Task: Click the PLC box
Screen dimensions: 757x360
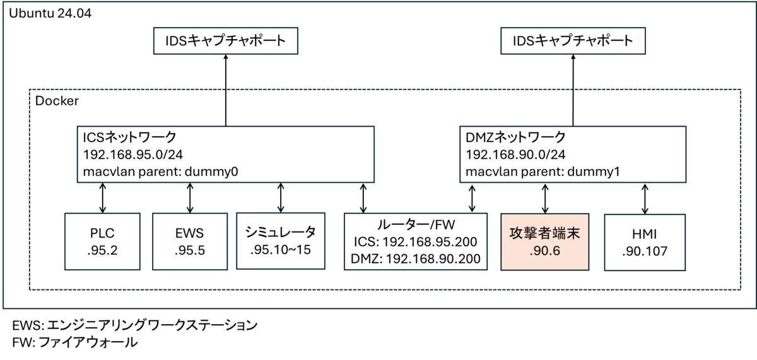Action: (102, 241)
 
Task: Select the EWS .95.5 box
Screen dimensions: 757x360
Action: (190, 241)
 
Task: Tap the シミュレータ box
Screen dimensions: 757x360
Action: (281, 241)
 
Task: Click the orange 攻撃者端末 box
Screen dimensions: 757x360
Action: (545, 242)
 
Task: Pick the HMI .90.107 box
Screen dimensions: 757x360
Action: (645, 242)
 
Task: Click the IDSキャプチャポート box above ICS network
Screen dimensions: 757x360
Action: (226, 41)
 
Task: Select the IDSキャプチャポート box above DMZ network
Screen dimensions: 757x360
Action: (573, 41)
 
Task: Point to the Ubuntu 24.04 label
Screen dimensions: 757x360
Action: (50, 13)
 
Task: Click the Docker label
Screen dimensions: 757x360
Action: (57, 101)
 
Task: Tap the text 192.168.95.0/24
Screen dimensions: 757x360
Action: (133, 154)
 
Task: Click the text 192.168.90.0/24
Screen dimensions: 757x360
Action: (515, 154)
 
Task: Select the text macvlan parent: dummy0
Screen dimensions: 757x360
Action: (160, 172)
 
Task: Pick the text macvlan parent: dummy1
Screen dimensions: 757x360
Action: (543, 172)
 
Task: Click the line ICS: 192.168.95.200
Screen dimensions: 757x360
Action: (415, 242)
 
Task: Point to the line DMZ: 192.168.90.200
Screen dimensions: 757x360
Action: (415, 258)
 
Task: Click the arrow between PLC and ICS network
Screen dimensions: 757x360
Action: (102, 198)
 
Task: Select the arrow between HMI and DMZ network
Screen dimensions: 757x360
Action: (645, 199)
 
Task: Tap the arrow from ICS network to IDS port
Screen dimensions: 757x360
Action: (226, 90)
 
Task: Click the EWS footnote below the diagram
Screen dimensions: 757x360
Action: (135, 325)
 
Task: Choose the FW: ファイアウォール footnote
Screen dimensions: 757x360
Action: (74, 342)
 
